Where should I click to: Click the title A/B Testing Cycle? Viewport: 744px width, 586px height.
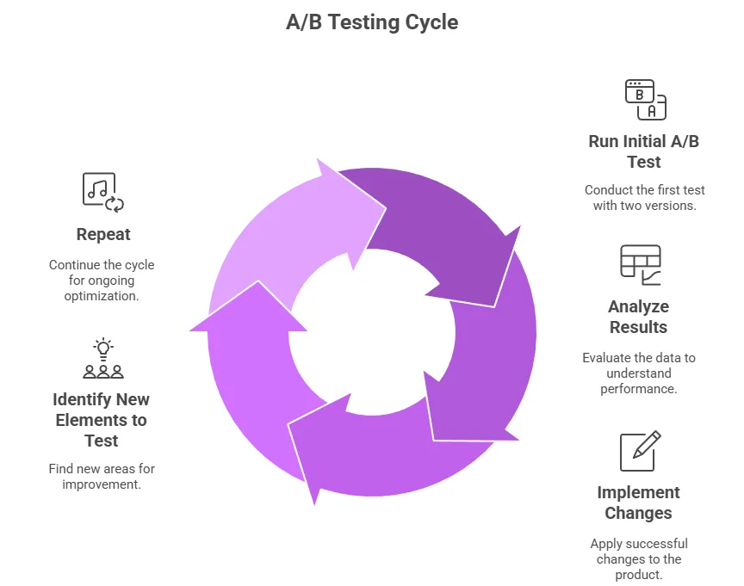372,22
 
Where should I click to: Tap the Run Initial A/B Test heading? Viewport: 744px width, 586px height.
643,151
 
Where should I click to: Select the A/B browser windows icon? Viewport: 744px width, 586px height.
645,99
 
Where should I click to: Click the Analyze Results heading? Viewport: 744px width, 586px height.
638,317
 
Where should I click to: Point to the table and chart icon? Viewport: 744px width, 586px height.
641,265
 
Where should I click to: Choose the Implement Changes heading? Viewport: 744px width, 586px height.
638,503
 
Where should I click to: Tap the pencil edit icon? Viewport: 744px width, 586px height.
641,451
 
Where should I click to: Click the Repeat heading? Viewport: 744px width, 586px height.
103,234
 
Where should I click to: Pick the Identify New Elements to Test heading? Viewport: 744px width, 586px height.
101,420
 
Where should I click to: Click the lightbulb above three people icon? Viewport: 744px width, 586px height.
103,360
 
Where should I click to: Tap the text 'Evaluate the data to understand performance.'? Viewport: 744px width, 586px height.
638,373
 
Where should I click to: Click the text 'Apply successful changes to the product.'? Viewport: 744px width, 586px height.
638,558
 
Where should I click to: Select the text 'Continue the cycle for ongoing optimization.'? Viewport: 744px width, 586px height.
102,280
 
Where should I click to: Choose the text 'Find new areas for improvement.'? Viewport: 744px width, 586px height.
102,477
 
